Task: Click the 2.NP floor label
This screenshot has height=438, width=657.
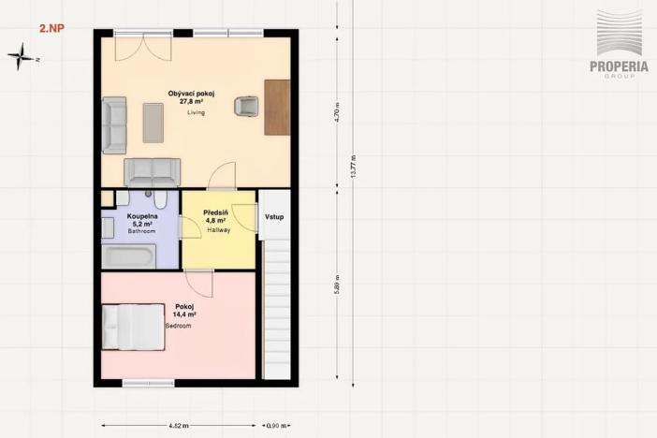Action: (51, 29)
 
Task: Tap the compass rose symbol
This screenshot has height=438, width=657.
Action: (21, 58)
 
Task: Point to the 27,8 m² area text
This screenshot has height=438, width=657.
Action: (193, 102)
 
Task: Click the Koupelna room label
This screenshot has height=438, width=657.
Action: (142, 216)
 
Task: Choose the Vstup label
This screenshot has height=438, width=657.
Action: (274, 217)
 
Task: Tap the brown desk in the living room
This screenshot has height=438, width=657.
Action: (277, 108)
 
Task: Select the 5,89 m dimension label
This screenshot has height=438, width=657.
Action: (336, 283)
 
